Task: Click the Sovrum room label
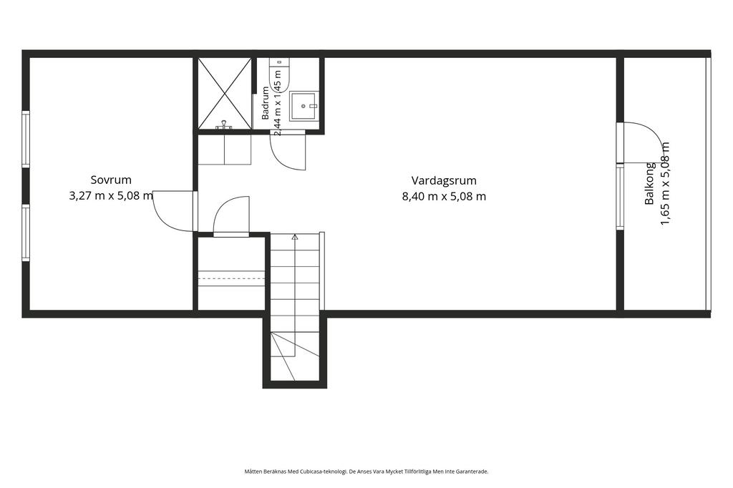[x=111, y=180]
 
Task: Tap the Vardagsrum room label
[x=444, y=180]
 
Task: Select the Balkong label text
[x=649, y=183]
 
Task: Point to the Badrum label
[x=266, y=103]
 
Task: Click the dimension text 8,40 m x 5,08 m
[x=444, y=196]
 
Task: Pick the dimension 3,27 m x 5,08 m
[x=111, y=196]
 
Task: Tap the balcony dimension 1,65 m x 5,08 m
[x=665, y=183]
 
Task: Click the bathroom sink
[x=304, y=106]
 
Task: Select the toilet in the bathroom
[x=282, y=75]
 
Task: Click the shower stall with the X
[x=225, y=93]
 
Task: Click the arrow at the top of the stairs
[x=294, y=237]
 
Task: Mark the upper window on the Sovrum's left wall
[x=26, y=139]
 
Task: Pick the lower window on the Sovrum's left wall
[x=26, y=233]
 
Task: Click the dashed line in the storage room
[x=231, y=278]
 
